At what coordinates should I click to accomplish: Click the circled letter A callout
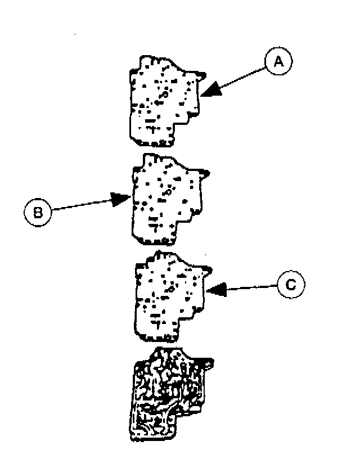[277, 64]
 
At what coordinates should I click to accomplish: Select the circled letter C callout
[291, 285]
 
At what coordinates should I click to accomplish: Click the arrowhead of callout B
[125, 198]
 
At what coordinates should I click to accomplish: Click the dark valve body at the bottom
[166, 394]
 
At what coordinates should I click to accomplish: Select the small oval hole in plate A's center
[165, 96]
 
